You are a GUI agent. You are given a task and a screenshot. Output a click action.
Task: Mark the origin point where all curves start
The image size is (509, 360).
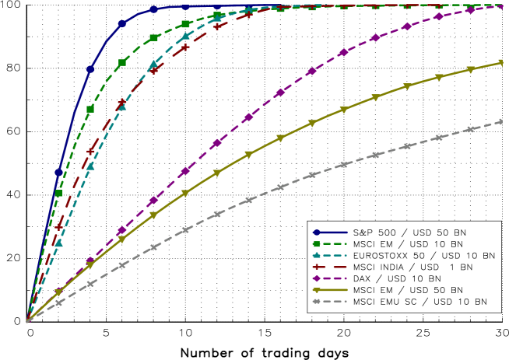point(27,320)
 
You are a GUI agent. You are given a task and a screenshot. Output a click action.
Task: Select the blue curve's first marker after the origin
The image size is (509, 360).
point(58,173)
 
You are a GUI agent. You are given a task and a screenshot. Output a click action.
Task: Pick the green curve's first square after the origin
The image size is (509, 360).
point(58,193)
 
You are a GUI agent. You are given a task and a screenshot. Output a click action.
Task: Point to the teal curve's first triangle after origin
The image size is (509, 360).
point(58,243)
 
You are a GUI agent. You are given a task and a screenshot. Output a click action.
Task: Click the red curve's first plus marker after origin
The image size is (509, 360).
point(58,226)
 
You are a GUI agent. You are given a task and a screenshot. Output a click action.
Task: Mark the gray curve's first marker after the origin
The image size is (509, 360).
point(58,302)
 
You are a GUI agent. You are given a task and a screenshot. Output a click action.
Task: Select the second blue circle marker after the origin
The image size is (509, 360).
point(90,68)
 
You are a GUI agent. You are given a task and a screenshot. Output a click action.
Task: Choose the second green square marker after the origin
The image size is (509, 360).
point(90,108)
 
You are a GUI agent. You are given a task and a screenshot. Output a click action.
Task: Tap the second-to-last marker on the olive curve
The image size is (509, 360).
point(470,70)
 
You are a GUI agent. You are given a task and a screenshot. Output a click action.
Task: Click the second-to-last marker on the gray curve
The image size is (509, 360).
point(470,130)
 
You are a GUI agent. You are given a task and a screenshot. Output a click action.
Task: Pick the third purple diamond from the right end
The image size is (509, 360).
point(438,16)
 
